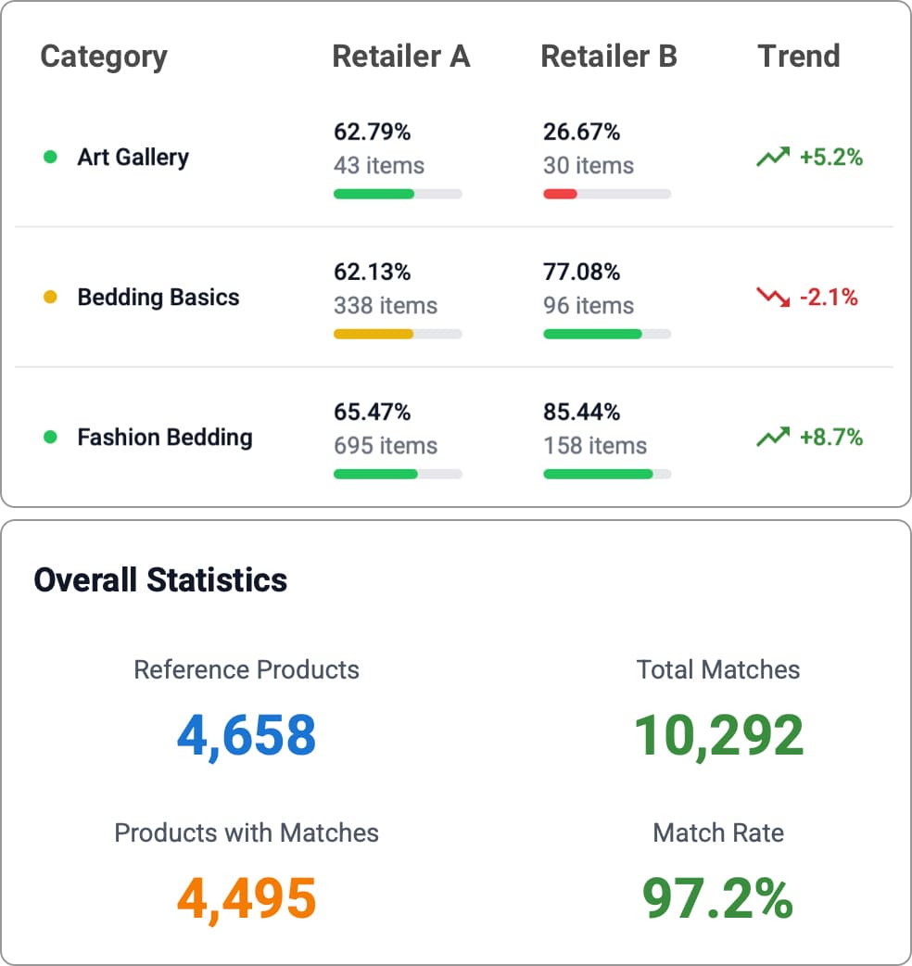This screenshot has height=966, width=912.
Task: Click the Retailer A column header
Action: click(400, 57)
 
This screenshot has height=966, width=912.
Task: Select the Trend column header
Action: click(798, 57)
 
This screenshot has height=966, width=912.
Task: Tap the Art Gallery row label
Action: click(133, 158)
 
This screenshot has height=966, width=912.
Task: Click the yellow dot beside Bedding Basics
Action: click(51, 298)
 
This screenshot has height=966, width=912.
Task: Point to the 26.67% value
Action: click(581, 133)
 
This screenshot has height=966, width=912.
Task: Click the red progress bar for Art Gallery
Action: click(560, 194)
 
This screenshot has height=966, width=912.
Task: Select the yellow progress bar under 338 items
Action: click(374, 334)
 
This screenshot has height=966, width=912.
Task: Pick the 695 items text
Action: click(386, 446)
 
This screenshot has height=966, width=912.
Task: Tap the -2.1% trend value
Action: click(830, 298)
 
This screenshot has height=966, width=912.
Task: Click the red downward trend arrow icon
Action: click(772, 298)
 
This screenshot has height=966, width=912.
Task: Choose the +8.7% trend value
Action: click(830, 438)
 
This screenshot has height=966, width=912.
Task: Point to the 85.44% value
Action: click(581, 412)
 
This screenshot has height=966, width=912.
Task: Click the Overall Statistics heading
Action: click(160, 580)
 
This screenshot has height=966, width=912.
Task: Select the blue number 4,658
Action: click(247, 735)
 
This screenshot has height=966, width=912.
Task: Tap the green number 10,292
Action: click(718, 735)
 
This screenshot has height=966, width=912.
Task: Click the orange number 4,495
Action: click(247, 898)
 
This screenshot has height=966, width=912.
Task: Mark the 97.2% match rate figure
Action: click(718, 898)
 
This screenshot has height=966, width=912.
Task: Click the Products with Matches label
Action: click(247, 833)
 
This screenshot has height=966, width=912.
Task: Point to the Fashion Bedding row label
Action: click(164, 438)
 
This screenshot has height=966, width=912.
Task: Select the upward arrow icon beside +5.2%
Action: click(772, 158)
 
